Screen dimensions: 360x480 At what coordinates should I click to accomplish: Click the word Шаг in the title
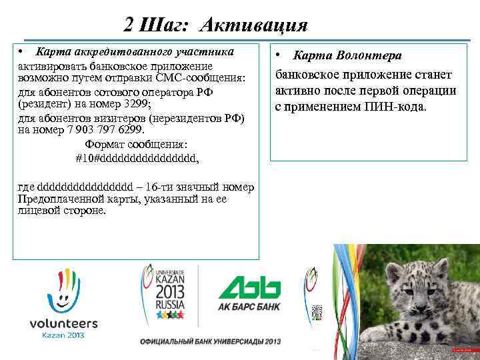click(173, 25)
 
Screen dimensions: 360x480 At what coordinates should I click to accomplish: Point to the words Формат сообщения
click(136, 144)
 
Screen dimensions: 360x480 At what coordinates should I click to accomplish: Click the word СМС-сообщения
click(207, 79)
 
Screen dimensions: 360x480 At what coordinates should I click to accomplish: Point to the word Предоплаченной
click(60, 199)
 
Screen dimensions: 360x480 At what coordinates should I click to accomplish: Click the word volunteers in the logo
click(64, 323)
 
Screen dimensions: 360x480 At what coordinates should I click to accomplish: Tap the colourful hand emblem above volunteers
click(64, 287)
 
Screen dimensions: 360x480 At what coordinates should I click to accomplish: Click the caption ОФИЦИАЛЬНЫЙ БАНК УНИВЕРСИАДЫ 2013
click(210, 341)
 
